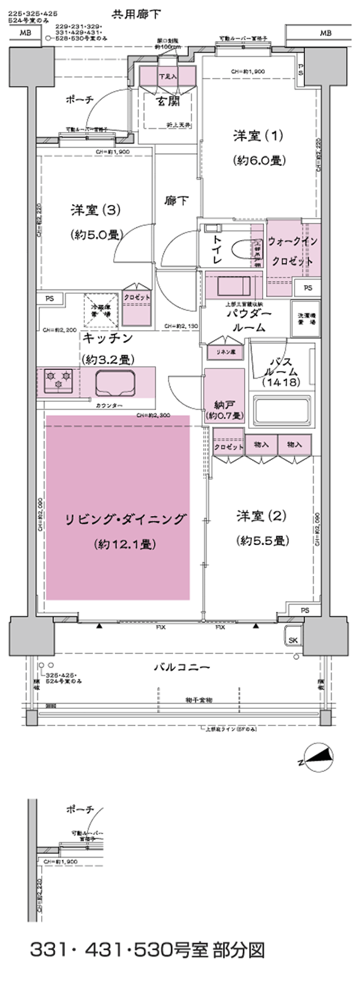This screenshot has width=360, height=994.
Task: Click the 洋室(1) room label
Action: pos(258,136)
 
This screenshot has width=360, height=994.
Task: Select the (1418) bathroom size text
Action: pos(280,383)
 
